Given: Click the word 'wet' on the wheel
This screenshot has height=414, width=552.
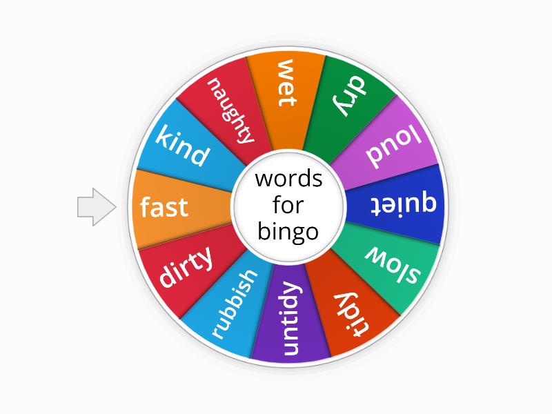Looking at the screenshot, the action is pos(286,83).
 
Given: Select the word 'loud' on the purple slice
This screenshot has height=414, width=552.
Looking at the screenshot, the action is pos(393,148).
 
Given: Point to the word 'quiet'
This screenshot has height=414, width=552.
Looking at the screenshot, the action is pos(404,204).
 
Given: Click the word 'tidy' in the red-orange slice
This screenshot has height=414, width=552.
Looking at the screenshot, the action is pos(351,315).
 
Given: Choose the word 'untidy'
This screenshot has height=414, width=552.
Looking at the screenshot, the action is pos(290,319).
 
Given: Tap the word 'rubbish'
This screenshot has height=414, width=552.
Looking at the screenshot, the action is pos(234,304).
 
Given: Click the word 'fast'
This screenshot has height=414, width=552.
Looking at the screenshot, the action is pos(164,206).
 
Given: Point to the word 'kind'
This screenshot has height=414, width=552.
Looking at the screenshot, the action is pos(181,146).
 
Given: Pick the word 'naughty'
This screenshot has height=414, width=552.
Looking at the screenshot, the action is pos(230,110).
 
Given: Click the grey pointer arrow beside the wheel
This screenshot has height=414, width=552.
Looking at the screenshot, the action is pos(97,206).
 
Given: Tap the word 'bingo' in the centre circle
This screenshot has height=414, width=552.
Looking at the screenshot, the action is pos(288,233).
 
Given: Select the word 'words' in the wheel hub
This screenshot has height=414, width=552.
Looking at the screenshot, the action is pos(288,179).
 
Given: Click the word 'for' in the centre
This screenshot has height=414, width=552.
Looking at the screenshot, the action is pos(288,204).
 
